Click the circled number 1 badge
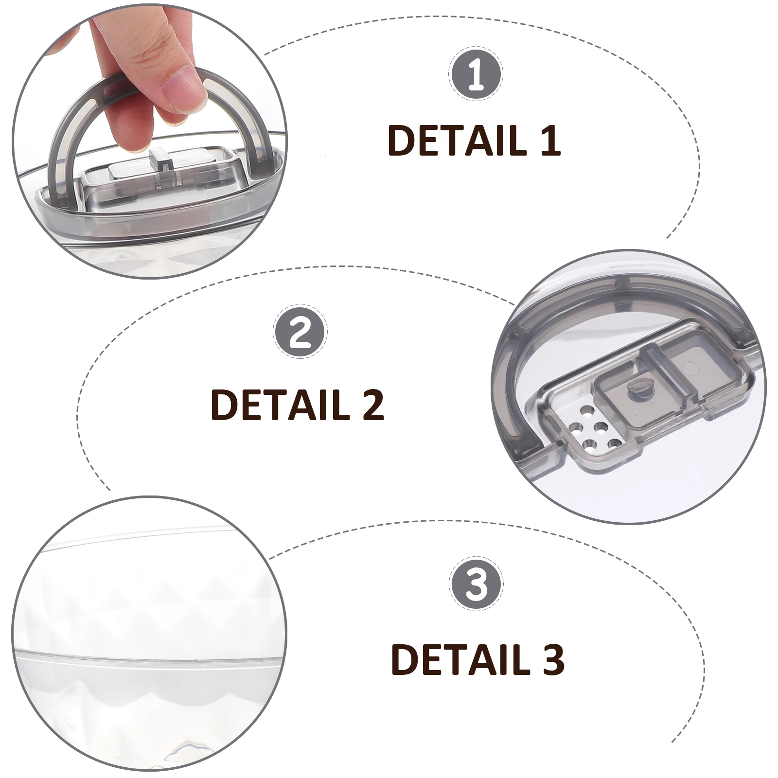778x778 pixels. click(x=476, y=76)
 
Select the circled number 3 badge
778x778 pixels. click(x=476, y=584)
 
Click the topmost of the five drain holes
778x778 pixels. click(x=587, y=412)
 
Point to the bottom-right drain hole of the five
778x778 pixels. click(x=614, y=443)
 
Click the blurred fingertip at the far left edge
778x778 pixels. click(x=61, y=44)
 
